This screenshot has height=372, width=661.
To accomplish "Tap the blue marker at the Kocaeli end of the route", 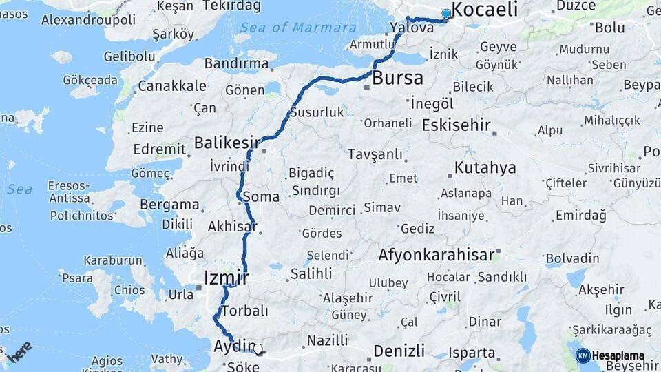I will (446, 14).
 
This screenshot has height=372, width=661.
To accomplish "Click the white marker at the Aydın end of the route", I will (258, 349).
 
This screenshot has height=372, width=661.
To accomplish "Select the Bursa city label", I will (397, 78).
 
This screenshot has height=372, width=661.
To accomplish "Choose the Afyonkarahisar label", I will (437, 255).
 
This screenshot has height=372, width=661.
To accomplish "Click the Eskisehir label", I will (456, 125).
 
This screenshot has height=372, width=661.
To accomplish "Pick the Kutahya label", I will (485, 168).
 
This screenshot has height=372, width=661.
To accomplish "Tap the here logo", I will (19, 351).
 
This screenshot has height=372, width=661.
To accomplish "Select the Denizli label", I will (399, 351).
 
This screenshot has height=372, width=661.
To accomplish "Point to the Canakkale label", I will (172, 86).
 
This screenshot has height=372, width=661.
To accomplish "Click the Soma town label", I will (261, 197).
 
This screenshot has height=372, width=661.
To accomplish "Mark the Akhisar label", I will (232, 226).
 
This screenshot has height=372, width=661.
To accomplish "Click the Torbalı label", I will (245, 311).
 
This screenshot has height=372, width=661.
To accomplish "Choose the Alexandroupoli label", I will (88, 19).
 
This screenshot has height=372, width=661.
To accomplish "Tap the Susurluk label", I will (317, 112).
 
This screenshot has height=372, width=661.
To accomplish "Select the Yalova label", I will (412, 28).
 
